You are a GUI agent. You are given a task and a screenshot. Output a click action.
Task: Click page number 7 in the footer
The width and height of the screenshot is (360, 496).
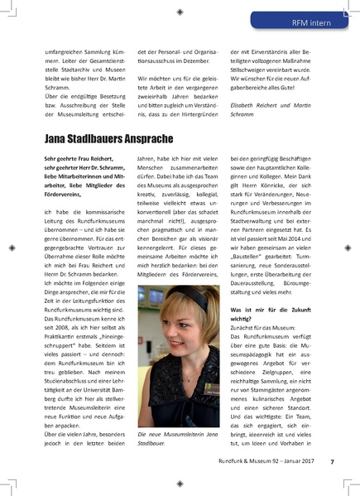(332, 461)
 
